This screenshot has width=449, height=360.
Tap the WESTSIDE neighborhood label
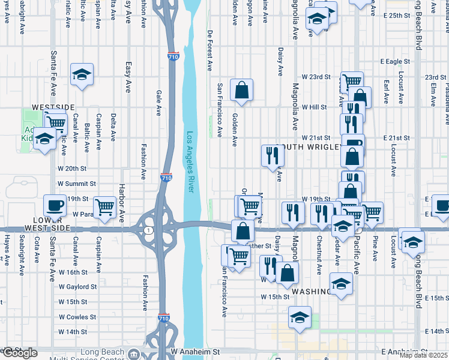[x=53, y=107]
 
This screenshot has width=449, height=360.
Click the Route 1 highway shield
[x=148, y=230]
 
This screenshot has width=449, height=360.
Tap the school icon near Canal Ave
[x=82, y=74]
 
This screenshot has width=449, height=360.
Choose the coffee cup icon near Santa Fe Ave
[x=56, y=205]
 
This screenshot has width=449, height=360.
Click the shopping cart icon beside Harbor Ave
[x=105, y=206]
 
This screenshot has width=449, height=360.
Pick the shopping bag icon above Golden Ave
[x=241, y=90]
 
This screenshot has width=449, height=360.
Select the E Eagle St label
[x=396, y=61]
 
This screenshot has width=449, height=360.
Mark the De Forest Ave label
[x=210, y=49]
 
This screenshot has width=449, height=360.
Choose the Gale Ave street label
[x=159, y=103]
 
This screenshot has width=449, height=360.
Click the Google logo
[x=20, y=353]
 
